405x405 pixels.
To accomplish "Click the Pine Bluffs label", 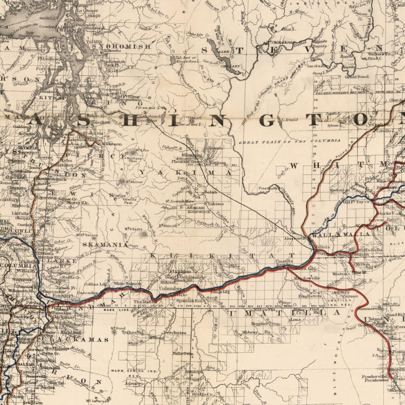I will click(267, 188).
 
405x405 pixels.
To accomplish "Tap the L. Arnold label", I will click(289, 120).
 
